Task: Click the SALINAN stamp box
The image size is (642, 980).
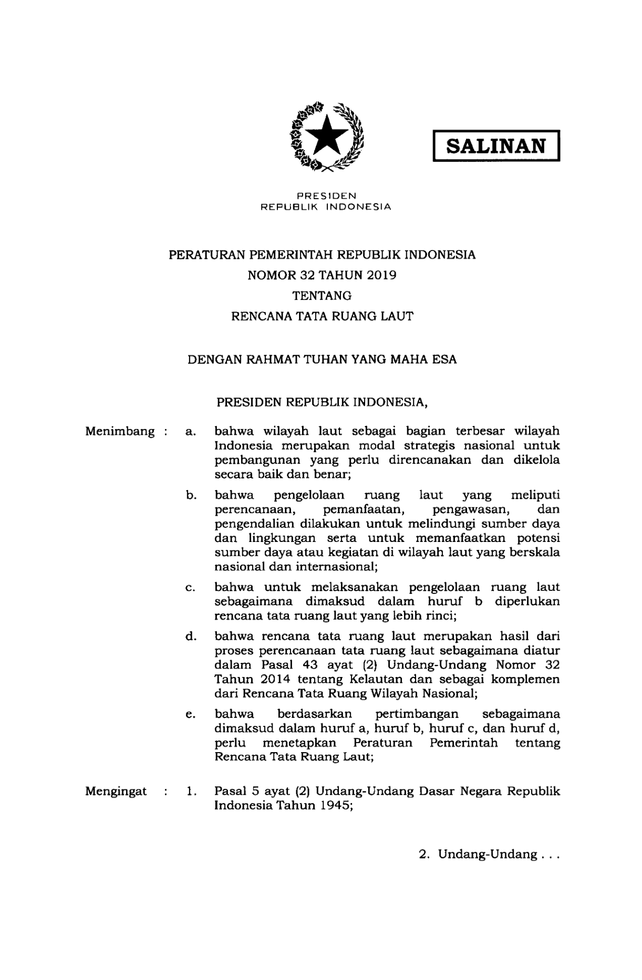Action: point(496,145)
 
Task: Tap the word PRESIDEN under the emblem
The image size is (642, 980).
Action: point(326,196)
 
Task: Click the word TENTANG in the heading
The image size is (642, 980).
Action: point(322,296)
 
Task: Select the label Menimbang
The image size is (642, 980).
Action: point(120,432)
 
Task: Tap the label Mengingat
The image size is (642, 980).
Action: point(116,791)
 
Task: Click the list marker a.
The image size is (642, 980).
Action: point(191,432)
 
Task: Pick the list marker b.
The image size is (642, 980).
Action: point(191,495)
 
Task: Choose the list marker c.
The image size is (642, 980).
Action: point(191,587)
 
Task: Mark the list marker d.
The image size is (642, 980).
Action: point(191,637)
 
